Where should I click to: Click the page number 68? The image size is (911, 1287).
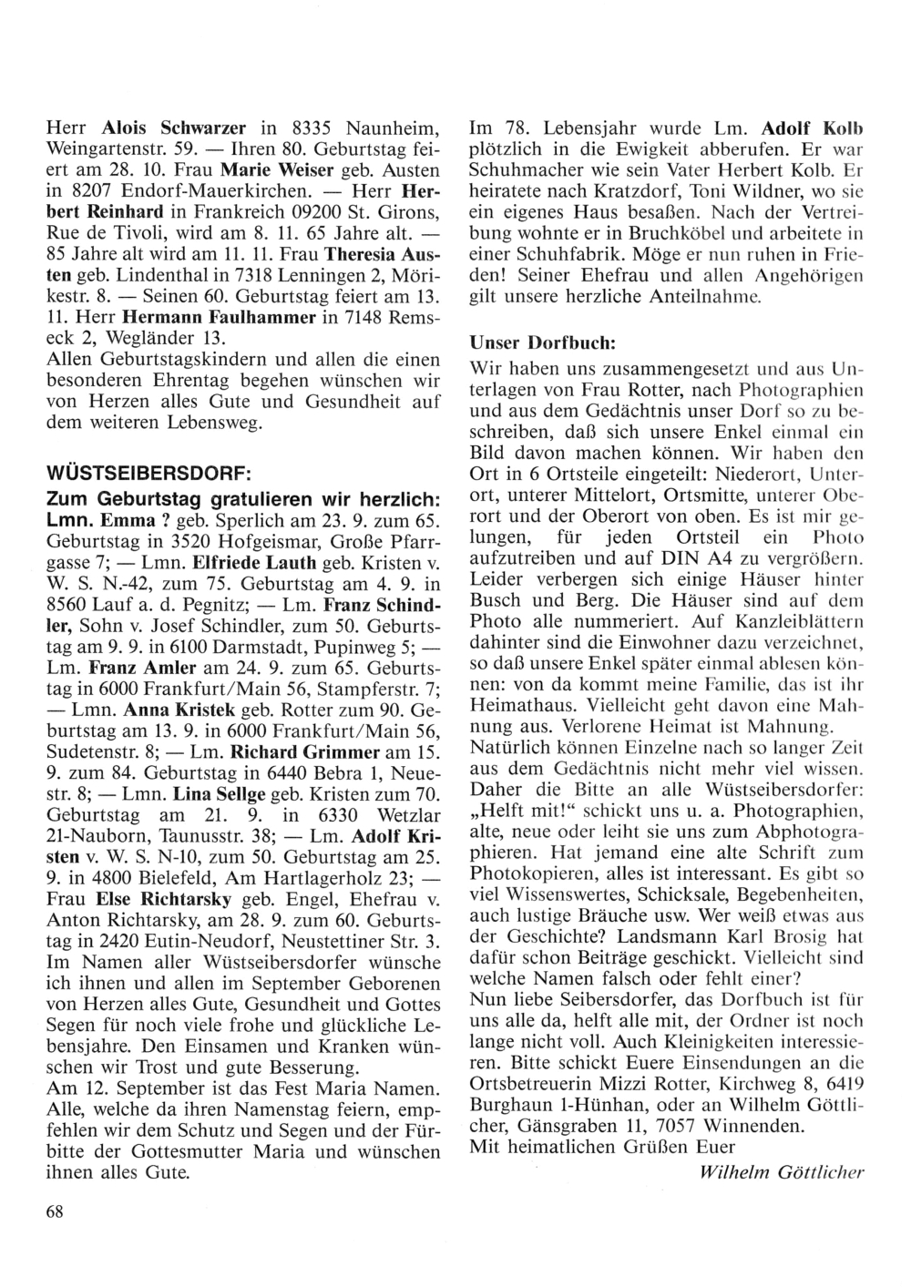(54, 1210)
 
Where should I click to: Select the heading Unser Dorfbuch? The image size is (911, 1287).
(543, 343)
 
